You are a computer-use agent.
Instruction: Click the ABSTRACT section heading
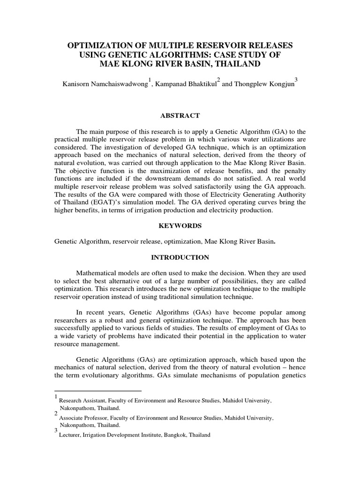(x=180, y=116)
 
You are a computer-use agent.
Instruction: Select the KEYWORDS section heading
(x=180, y=225)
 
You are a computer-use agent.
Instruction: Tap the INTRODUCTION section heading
(x=180, y=257)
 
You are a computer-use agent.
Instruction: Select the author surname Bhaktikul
(x=197, y=85)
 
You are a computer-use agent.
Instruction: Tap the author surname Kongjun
(x=277, y=85)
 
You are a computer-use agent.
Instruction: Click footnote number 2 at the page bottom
(x=56, y=413)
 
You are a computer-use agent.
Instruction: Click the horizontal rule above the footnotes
(x=98, y=390)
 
